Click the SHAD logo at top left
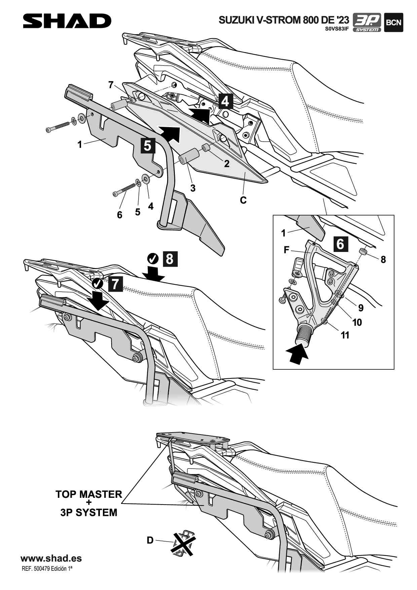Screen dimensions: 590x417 point(67,21)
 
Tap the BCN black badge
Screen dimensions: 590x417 point(393,23)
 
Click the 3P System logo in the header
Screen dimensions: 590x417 point(367,23)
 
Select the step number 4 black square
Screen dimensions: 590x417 point(225,101)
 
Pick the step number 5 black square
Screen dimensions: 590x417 point(148,145)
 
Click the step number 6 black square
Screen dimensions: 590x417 point(340,244)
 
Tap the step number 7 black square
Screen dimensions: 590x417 point(115,284)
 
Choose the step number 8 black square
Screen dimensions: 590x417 point(170,259)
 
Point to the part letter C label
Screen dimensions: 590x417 point(243,200)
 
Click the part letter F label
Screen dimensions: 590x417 point(287,250)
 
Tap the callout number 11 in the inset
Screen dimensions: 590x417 point(345,335)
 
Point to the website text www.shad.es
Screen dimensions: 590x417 point(51,558)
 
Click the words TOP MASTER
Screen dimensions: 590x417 point(89,494)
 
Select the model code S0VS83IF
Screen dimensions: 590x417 point(337,29)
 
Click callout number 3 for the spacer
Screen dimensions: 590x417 point(193,188)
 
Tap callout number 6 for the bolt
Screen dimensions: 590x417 point(119,215)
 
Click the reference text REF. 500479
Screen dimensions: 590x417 point(47,569)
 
